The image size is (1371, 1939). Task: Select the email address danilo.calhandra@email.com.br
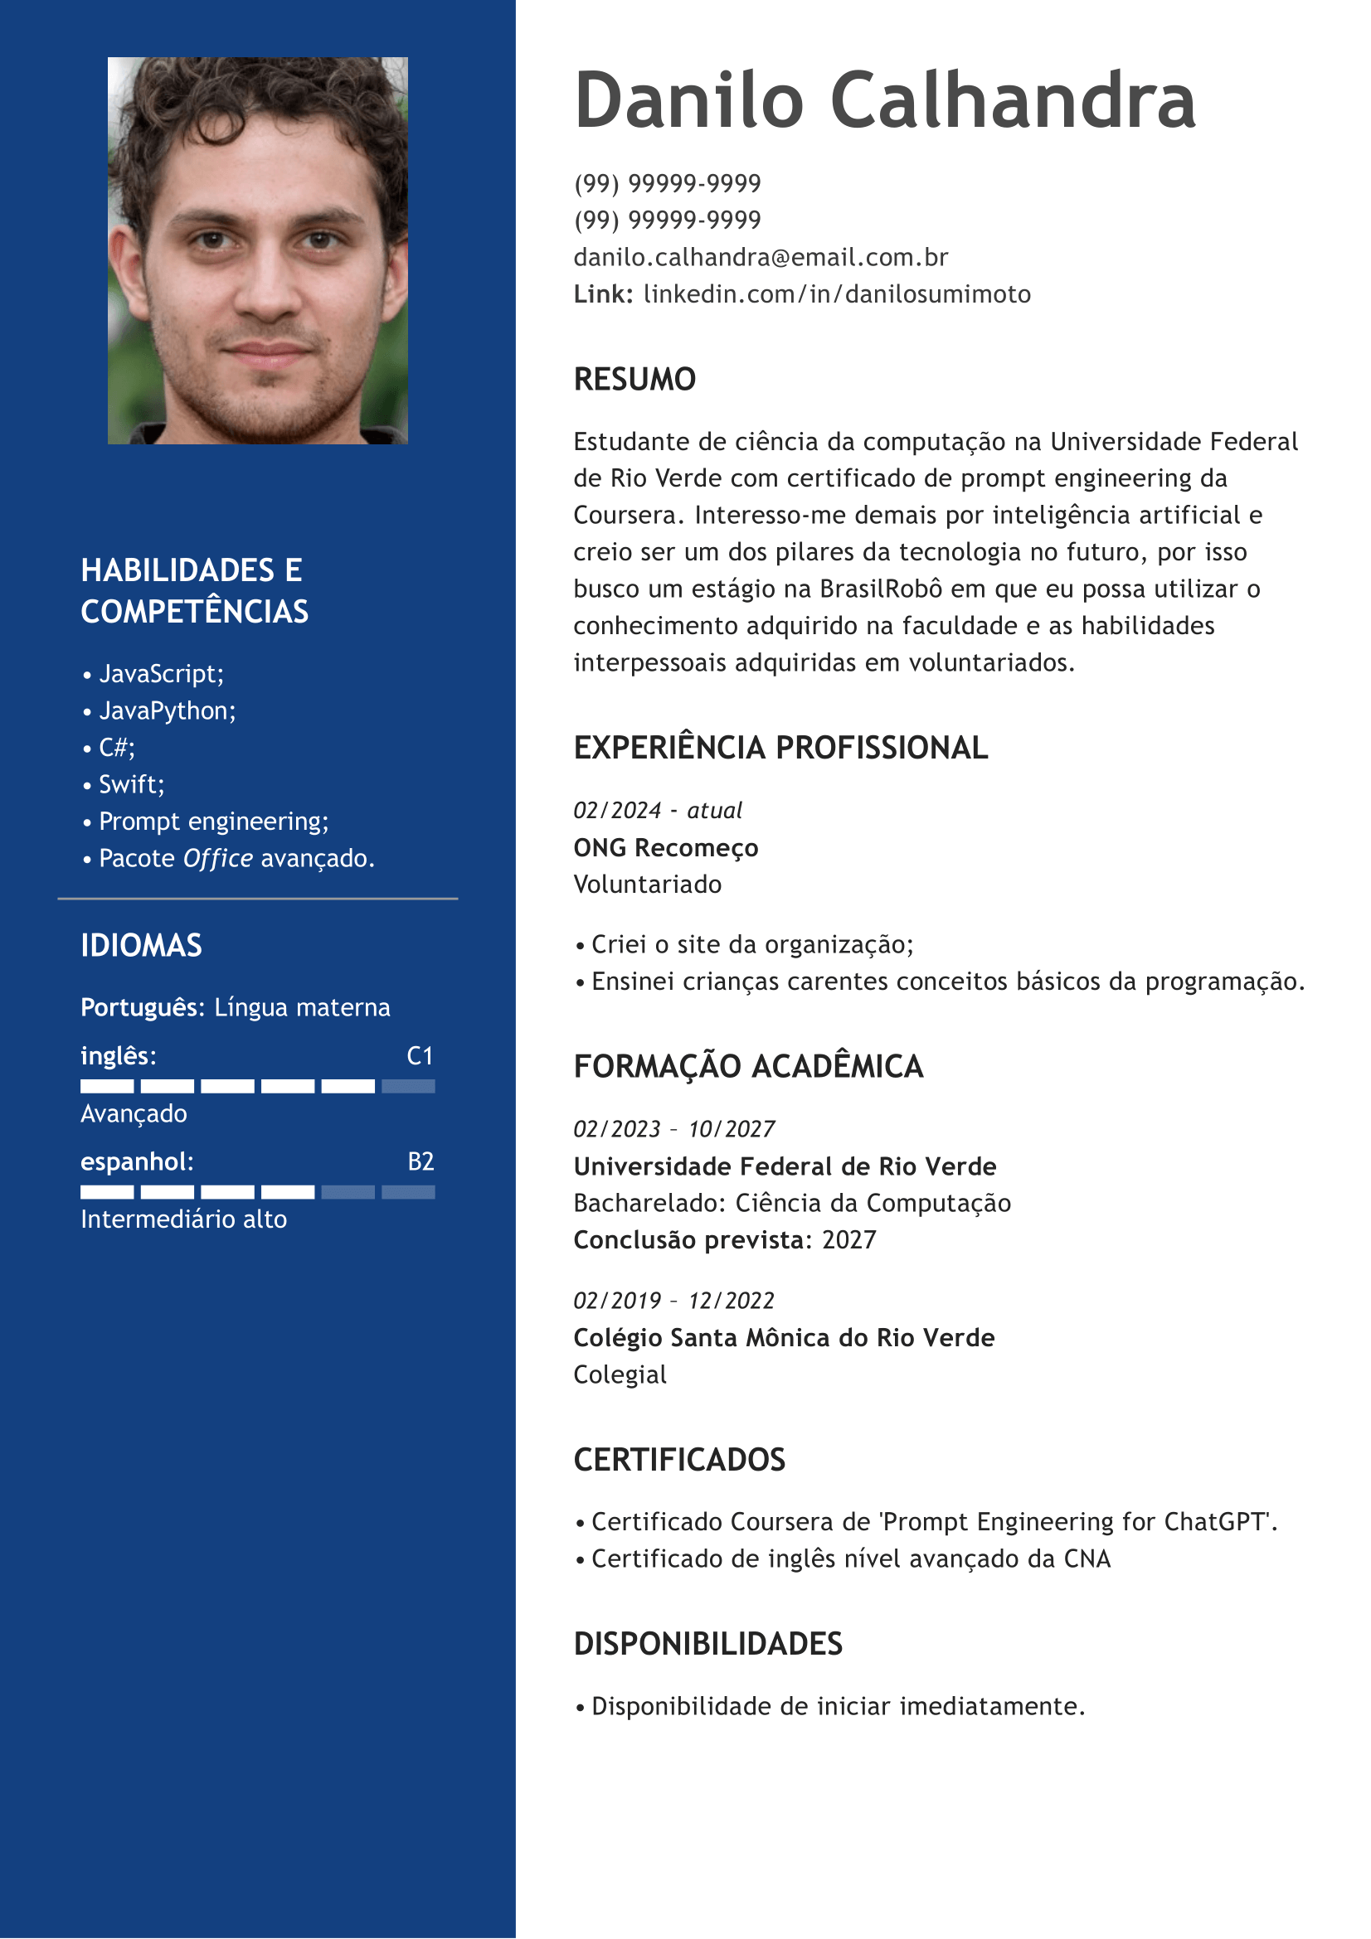click(761, 257)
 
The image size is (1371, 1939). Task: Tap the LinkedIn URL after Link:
click(836, 294)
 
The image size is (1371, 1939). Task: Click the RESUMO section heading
click(634, 379)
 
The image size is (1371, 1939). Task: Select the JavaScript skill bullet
click(161, 674)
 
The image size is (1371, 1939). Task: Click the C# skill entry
click(117, 748)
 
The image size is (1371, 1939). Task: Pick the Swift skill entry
click(131, 784)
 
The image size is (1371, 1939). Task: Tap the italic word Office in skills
click(218, 858)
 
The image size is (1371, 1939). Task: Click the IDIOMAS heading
click(141, 945)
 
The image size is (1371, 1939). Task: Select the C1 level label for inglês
click(420, 1055)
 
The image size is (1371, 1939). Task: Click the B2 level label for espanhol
click(421, 1161)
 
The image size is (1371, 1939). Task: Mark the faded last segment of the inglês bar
click(408, 1086)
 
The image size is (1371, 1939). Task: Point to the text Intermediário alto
click(183, 1219)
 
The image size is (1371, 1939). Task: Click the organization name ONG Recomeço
click(666, 847)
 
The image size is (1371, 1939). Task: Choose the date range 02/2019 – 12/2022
click(673, 1300)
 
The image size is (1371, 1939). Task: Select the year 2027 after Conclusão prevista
click(849, 1239)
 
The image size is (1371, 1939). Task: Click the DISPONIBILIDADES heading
click(707, 1643)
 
